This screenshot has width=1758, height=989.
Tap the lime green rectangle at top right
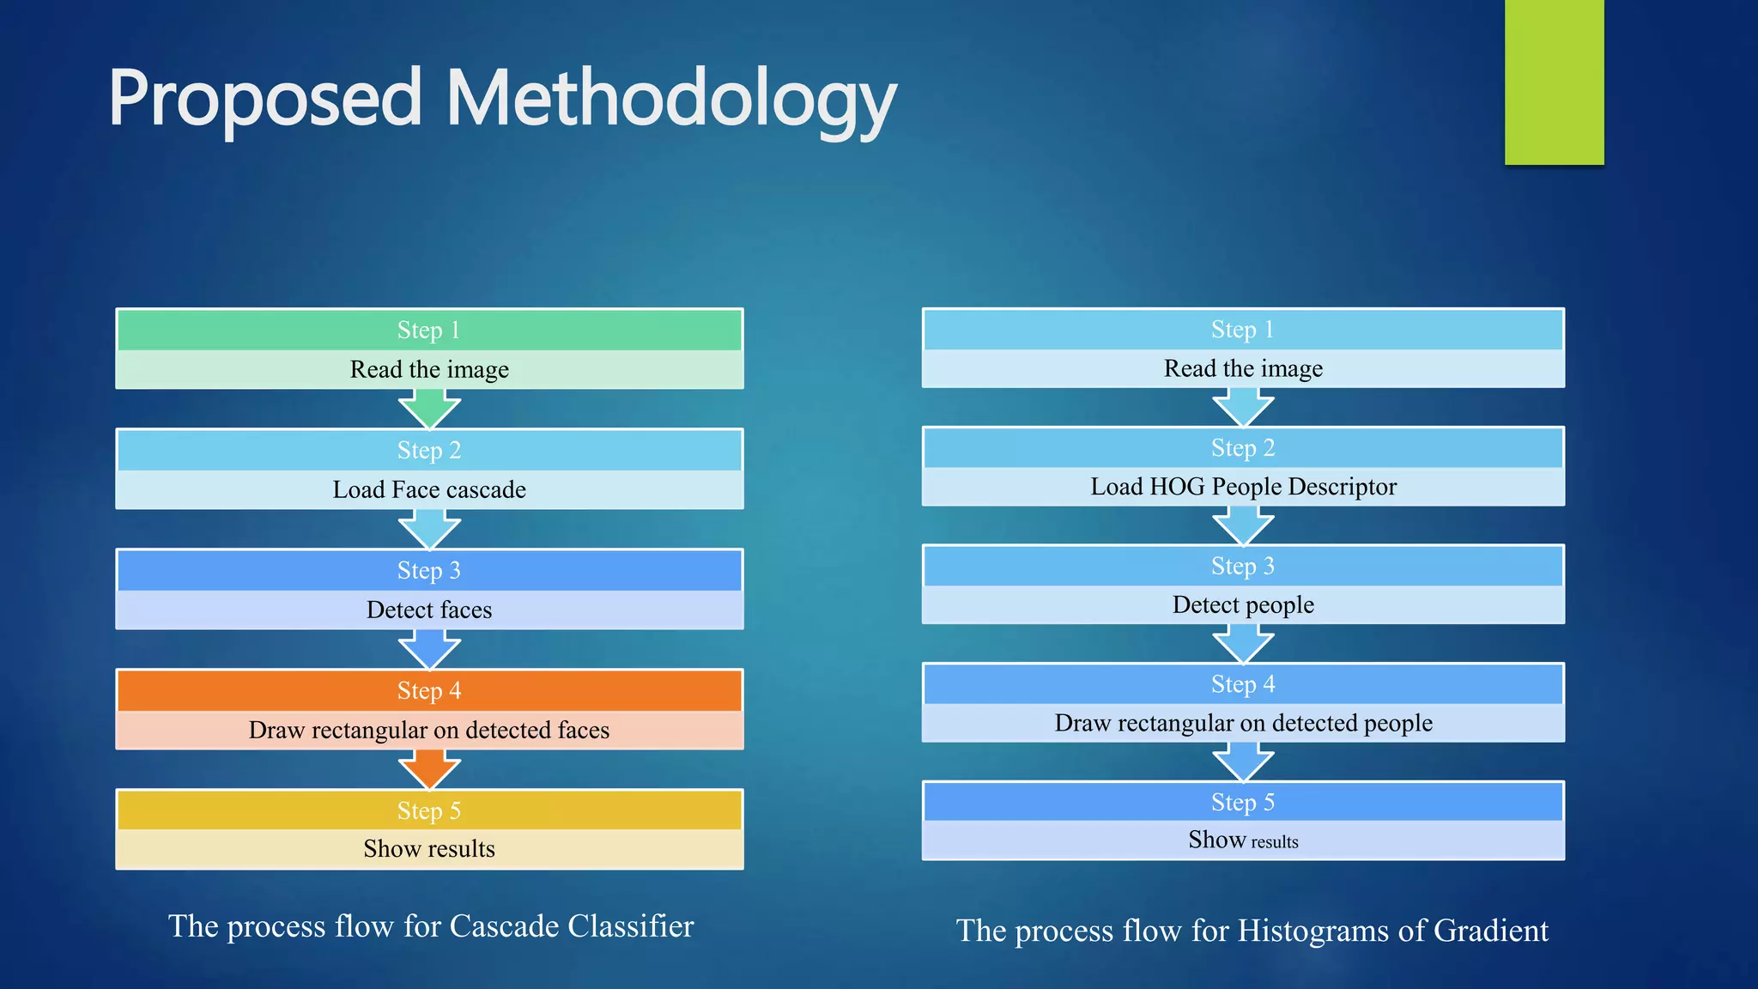point(1554,82)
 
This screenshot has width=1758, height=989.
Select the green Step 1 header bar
point(429,330)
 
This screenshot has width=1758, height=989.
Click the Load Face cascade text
point(429,490)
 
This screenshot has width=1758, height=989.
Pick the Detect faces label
point(429,610)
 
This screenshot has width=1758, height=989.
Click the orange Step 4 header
point(429,690)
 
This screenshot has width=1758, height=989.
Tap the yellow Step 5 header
point(429,810)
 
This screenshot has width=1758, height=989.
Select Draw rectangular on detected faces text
point(429,731)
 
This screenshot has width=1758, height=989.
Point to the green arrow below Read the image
point(429,408)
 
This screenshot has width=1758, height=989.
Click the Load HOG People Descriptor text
point(1243,487)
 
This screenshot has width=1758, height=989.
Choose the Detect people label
point(1243,605)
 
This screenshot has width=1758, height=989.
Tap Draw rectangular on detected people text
point(1243,724)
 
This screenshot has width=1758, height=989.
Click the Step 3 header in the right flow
point(1243,566)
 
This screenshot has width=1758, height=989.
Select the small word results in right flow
point(1275,842)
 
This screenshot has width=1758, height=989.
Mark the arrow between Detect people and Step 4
point(1243,643)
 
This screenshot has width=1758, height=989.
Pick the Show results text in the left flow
point(429,849)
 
